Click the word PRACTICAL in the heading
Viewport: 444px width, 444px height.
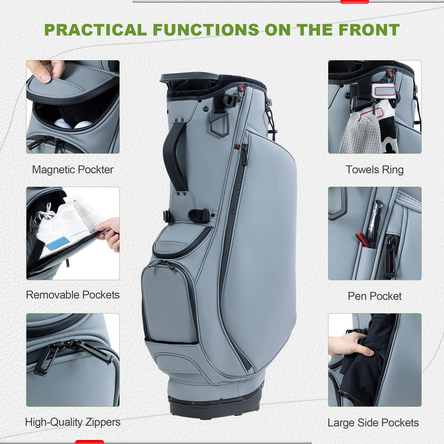[x=95, y=30]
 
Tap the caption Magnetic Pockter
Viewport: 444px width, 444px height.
[x=73, y=170]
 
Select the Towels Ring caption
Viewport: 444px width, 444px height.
[x=375, y=170]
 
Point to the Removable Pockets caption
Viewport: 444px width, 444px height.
[x=73, y=295]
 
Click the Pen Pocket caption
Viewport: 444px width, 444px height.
[x=375, y=296]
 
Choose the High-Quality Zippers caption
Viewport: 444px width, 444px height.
[x=73, y=422]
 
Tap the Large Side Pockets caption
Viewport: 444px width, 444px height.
[x=373, y=422]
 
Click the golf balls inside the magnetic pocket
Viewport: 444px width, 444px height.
[x=73, y=124]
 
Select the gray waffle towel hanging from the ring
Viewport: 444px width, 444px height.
[x=362, y=133]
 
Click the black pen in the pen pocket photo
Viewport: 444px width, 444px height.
[x=374, y=224]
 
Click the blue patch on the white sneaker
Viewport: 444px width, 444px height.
[x=58, y=244]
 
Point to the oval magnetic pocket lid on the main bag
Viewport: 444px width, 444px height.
[x=181, y=240]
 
